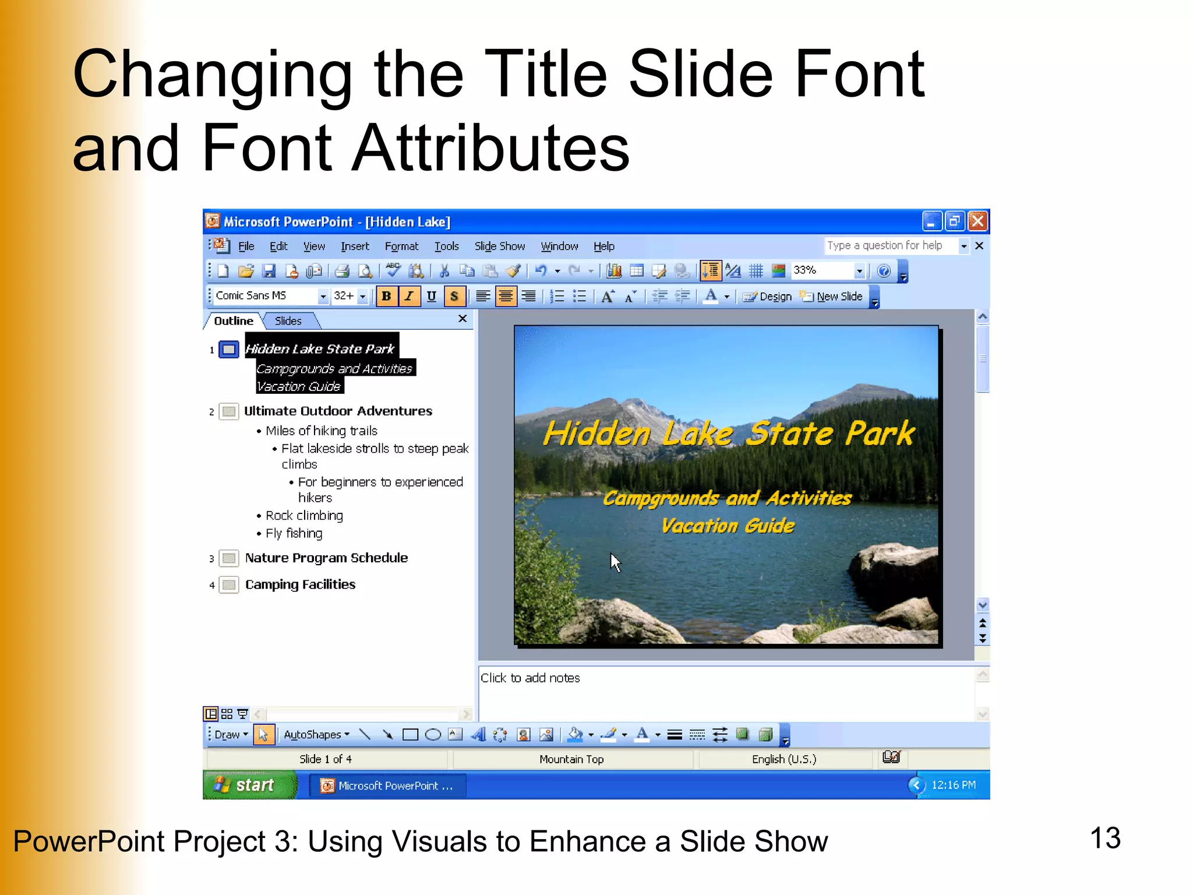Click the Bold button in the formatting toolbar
click(x=386, y=296)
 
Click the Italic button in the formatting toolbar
click(x=409, y=296)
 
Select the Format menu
click(x=401, y=246)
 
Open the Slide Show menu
click(x=499, y=246)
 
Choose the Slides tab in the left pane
click(x=288, y=321)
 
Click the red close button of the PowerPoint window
click(x=977, y=221)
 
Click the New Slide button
click(x=832, y=297)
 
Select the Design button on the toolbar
click(x=768, y=297)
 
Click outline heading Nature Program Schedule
click(x=326, y=558)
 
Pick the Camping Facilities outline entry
click(x=300, y=584)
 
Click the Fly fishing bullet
click(x=294, y=533)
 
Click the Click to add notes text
click(x=530, y=678)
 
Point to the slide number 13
click(x=1104, y=838)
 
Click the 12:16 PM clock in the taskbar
click(x=953, y=785)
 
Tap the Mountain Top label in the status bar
click(x=571, y=759)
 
